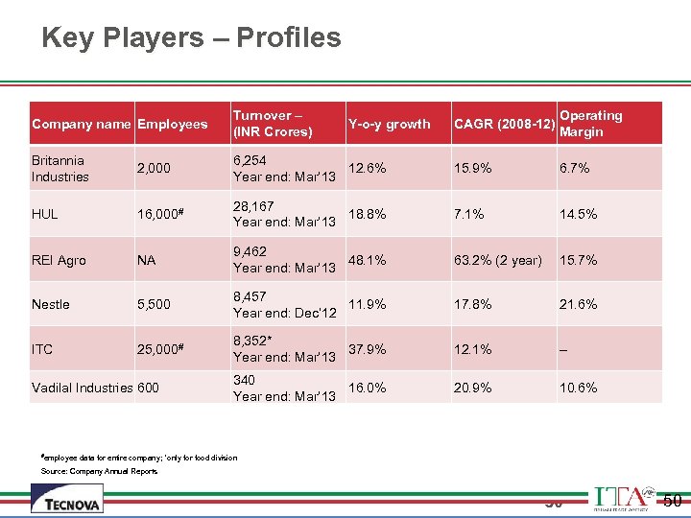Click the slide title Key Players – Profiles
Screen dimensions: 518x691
(191, 38)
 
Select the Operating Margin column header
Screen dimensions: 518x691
(590, 124)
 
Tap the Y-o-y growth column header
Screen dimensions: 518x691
(389, 124)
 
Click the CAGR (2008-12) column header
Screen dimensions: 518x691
(503, 124)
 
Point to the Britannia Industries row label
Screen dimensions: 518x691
(60, 169)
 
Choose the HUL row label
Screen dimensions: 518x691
(45, 214)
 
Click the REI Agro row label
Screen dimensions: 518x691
(59, 260)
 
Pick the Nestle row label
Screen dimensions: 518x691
(51, 304)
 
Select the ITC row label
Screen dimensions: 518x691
(42, 349)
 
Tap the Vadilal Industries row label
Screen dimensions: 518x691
(82, 388)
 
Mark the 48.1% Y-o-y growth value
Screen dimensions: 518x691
(368, 260)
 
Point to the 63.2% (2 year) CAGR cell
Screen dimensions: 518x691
(497, 260)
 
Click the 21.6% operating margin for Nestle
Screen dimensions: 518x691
(579, 304)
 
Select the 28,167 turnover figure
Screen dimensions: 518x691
(254, 206)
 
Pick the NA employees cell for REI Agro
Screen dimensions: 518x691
(147, 260)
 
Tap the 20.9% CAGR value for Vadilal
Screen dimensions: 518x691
(472, 388)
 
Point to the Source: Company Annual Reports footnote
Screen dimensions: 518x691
(99, 471)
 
